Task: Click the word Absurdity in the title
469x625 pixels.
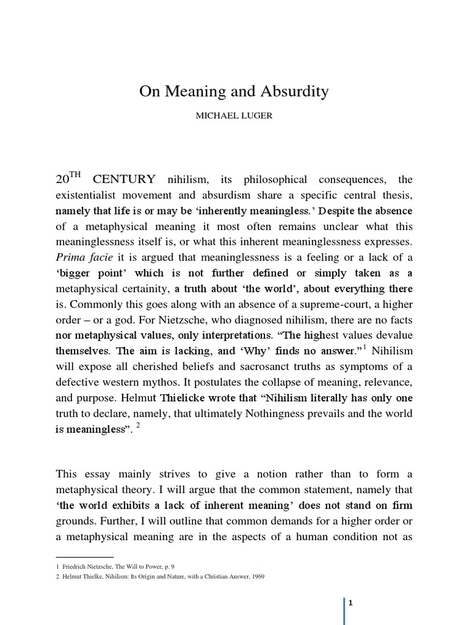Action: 292,92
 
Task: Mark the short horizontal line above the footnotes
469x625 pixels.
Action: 85,557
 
